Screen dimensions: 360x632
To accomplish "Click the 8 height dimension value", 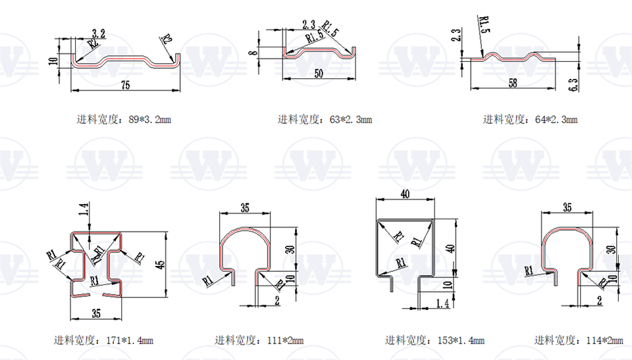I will (252, 52).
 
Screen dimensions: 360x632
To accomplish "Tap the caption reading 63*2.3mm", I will (325, 120).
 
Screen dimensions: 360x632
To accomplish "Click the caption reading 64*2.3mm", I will (530, 120).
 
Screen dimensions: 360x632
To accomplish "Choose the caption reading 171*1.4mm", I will (103, 340).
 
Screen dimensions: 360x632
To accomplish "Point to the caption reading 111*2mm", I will (259, 340).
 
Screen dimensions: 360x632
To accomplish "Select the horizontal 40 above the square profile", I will (404, 193).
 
